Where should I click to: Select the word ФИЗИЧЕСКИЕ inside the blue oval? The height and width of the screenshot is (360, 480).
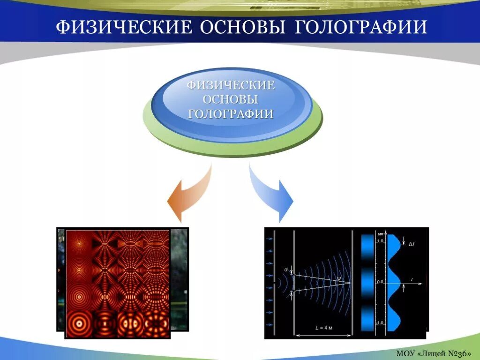231,86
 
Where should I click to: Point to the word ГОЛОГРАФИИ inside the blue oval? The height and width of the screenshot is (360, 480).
231,114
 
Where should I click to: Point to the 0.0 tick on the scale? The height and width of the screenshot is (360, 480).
381,282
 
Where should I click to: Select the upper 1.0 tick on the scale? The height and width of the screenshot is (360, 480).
381,241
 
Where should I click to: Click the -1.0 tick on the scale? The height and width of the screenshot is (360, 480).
380,323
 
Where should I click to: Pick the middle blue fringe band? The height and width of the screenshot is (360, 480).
369,282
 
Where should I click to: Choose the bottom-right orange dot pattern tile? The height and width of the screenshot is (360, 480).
156,323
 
